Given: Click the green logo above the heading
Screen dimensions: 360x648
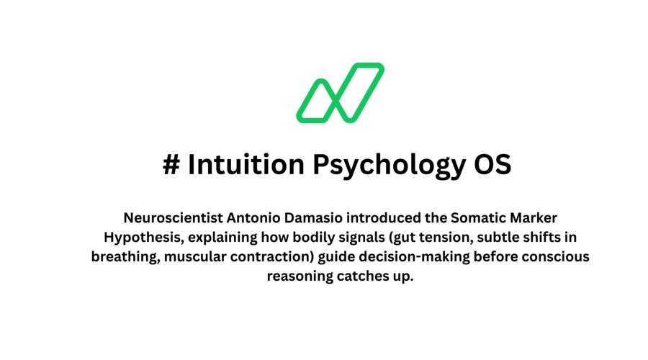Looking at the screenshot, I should [340, 92].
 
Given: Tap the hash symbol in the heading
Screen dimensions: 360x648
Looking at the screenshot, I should [171, 164].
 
